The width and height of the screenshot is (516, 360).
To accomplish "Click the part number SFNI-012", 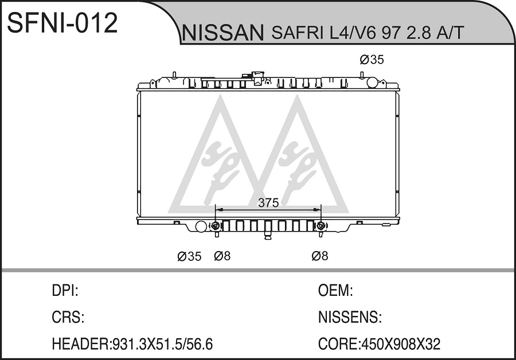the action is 62,23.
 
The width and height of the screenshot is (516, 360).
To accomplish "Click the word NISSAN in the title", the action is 223,32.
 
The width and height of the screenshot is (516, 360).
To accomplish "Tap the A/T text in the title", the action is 450,33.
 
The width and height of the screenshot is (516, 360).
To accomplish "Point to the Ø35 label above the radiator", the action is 372,60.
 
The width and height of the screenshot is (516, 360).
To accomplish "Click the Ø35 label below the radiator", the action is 189,256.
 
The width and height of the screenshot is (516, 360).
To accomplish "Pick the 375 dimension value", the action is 268,203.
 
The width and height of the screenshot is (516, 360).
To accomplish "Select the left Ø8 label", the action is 222,256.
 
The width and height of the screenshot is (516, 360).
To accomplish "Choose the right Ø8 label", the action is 320,256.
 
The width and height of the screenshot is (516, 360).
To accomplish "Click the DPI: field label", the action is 65,291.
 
